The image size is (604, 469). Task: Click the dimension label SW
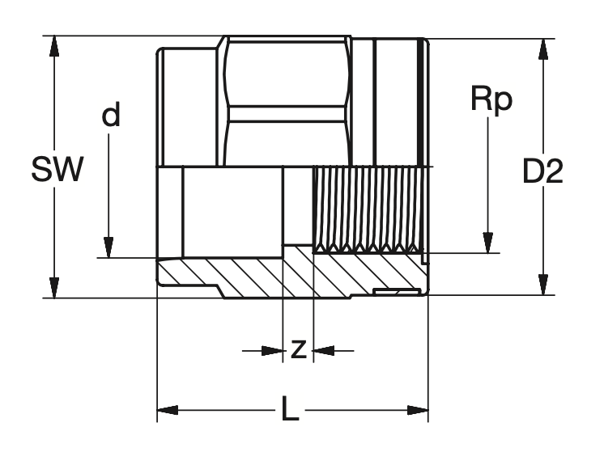[57, 171]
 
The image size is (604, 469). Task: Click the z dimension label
[298, 349]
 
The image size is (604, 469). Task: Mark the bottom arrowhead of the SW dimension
[54, 287]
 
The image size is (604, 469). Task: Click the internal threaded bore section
[368, 207]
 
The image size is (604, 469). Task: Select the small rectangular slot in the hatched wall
[395, 289]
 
